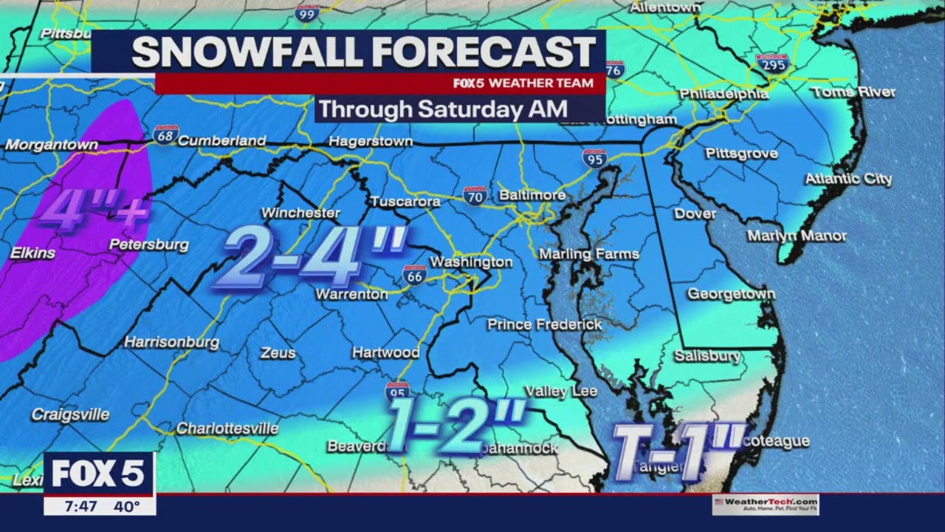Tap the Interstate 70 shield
pos(475,196)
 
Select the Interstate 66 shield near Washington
pos(415,275)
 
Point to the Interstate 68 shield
pos(165,134)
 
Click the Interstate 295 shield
pos(772,64)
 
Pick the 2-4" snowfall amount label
pos(310,256)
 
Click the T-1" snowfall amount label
pos(676,450)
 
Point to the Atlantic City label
pos(848,179)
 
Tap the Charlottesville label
pos(227,429)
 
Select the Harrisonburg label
pos(171,342)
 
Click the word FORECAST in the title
pos(483,52)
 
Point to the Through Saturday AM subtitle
pos(443,109)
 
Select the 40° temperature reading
pos(127,507)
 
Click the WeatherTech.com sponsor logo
pos(766,505)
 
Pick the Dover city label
pos(695,214)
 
